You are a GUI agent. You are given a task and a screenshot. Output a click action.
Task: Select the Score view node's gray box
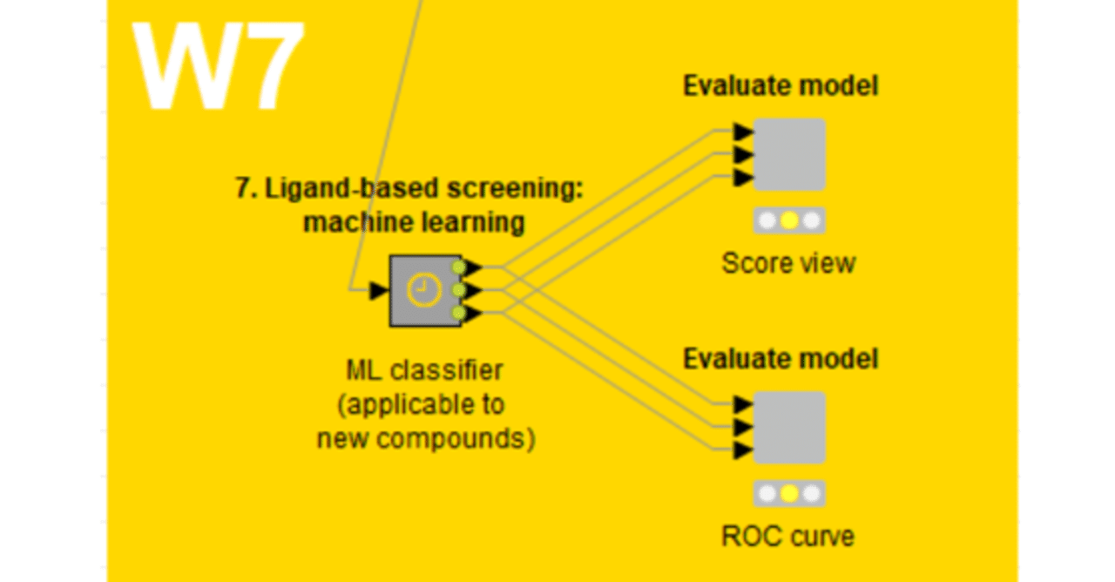788,154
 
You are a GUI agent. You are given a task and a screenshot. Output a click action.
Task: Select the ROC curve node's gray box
788,427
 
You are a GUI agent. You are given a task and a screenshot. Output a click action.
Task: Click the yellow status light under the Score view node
788,221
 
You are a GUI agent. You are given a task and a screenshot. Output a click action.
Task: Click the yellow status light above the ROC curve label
788,494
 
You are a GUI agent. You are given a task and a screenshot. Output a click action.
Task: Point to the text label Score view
788,263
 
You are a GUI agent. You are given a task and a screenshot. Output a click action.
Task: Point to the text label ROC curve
788,536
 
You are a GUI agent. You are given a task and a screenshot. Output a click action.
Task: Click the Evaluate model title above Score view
780,86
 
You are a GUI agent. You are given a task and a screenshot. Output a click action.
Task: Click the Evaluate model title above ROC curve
780,359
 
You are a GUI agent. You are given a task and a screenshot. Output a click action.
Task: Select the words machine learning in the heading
414,223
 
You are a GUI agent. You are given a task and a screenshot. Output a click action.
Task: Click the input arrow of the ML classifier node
378,291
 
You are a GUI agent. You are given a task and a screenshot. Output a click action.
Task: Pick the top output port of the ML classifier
471,267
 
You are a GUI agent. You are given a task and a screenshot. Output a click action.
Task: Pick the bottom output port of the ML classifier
471,314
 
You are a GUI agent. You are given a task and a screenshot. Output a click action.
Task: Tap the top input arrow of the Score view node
743,132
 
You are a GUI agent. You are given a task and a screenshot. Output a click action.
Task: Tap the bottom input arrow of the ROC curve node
743,450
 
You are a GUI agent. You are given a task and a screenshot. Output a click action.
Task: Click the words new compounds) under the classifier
425,438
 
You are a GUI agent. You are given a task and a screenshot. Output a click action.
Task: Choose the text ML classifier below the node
424,371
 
